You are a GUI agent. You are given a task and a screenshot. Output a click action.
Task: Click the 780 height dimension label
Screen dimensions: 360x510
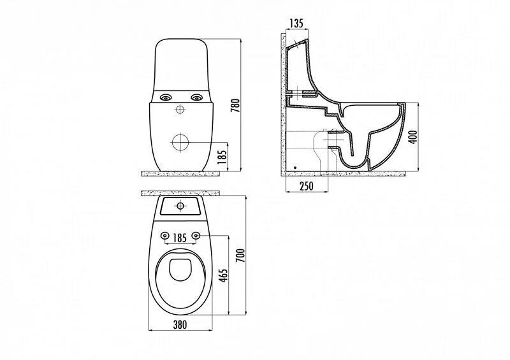click(235, 106)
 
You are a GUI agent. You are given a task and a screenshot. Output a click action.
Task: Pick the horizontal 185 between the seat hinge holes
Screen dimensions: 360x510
click(180, 238)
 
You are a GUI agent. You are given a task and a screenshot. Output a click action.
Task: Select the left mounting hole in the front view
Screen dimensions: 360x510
click(166, 97)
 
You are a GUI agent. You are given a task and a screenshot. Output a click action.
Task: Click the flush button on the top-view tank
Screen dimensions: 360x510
click(180, 206)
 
